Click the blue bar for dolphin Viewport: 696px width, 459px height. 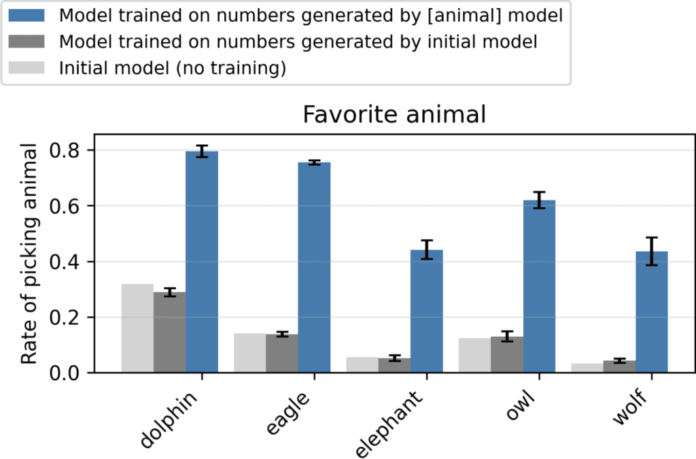[201, 262]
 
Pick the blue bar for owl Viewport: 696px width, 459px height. [539, 286]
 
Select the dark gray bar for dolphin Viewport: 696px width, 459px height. [169, 333]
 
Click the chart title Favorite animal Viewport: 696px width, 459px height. [394, 114]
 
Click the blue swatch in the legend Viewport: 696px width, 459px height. [32, 15]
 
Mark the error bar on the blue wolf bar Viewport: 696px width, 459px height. [651, 252]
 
